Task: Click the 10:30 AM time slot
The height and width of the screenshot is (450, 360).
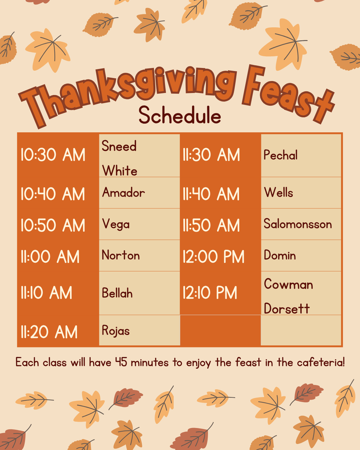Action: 53,155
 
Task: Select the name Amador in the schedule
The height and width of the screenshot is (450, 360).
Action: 123,192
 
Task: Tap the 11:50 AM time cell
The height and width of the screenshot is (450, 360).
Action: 211,225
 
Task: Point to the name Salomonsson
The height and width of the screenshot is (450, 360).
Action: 298,224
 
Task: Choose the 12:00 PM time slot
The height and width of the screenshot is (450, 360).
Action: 213,257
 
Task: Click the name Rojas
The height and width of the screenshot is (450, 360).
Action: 116,330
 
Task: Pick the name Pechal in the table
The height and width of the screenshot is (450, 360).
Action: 280,155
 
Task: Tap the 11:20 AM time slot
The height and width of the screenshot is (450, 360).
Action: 49,332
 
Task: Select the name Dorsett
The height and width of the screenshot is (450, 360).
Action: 287,308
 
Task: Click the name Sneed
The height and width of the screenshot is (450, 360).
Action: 119,146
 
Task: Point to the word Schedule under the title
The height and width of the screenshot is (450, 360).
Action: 180,116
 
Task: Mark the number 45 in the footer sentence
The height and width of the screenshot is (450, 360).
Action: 121,363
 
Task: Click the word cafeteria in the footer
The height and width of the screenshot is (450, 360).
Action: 320,363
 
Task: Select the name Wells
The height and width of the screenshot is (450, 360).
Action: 278,192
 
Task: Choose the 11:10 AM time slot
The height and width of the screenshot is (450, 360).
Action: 46,293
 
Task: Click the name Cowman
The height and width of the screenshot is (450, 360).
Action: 288,284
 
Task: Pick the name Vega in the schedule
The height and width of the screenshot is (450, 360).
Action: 116,224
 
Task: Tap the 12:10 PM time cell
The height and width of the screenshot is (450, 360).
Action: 210,293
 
